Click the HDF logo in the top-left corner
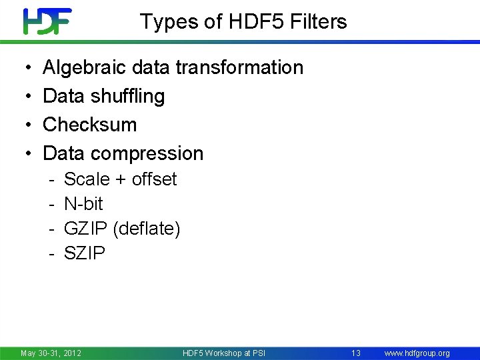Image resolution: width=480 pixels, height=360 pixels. click(47, 21)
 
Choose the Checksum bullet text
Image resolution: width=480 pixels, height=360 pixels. click(89, 125)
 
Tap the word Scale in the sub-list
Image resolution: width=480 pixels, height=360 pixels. click(87, 179)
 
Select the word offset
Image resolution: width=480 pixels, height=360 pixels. click(155, 179)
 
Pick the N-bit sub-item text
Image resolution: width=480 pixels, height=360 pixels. click(83, 204)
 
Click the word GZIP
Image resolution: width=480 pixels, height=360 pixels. click(86, 229)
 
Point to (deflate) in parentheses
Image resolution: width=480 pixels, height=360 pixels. click(147, 229)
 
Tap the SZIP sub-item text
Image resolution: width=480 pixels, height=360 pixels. click(85, 253)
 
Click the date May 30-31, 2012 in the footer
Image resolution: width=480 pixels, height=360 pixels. click(51, 353)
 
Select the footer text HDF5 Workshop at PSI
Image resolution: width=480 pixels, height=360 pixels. click(224, 353)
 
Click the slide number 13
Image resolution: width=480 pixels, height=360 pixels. click(356, 353)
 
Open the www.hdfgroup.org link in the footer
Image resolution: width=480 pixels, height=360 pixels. click(418, 353)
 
